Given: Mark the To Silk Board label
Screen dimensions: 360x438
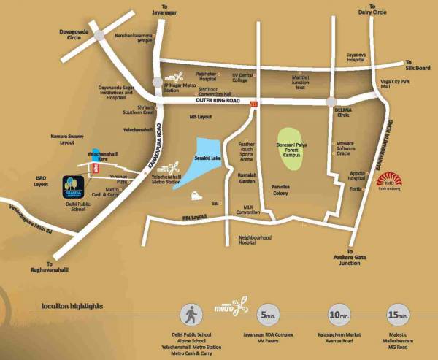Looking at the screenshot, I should (x=418, y=66).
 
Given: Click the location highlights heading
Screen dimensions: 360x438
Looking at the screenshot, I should (x=72, y=306).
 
